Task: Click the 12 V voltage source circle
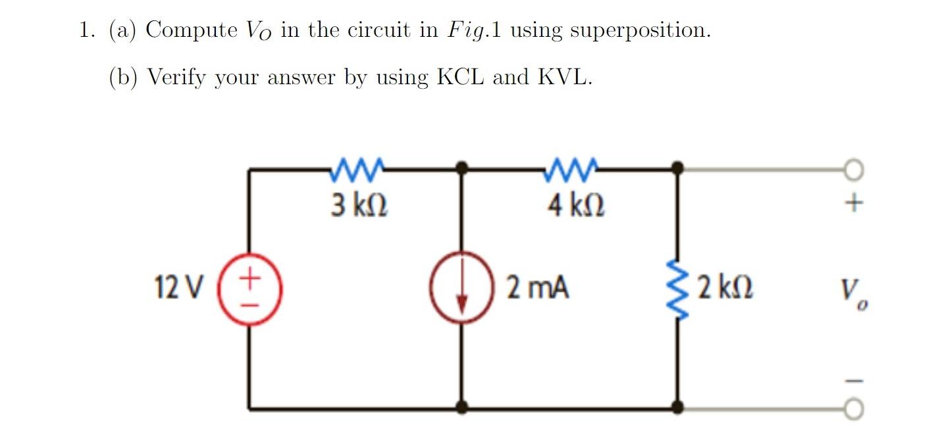[249, 289]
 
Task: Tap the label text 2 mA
[537, 288]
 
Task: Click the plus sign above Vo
[853, 203]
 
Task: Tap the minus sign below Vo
[853, 381]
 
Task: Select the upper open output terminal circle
[853, 171]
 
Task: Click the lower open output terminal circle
[853, 410]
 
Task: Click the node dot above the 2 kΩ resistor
[677, 169]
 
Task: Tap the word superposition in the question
[639, 31]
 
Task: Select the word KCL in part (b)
[459, 78]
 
